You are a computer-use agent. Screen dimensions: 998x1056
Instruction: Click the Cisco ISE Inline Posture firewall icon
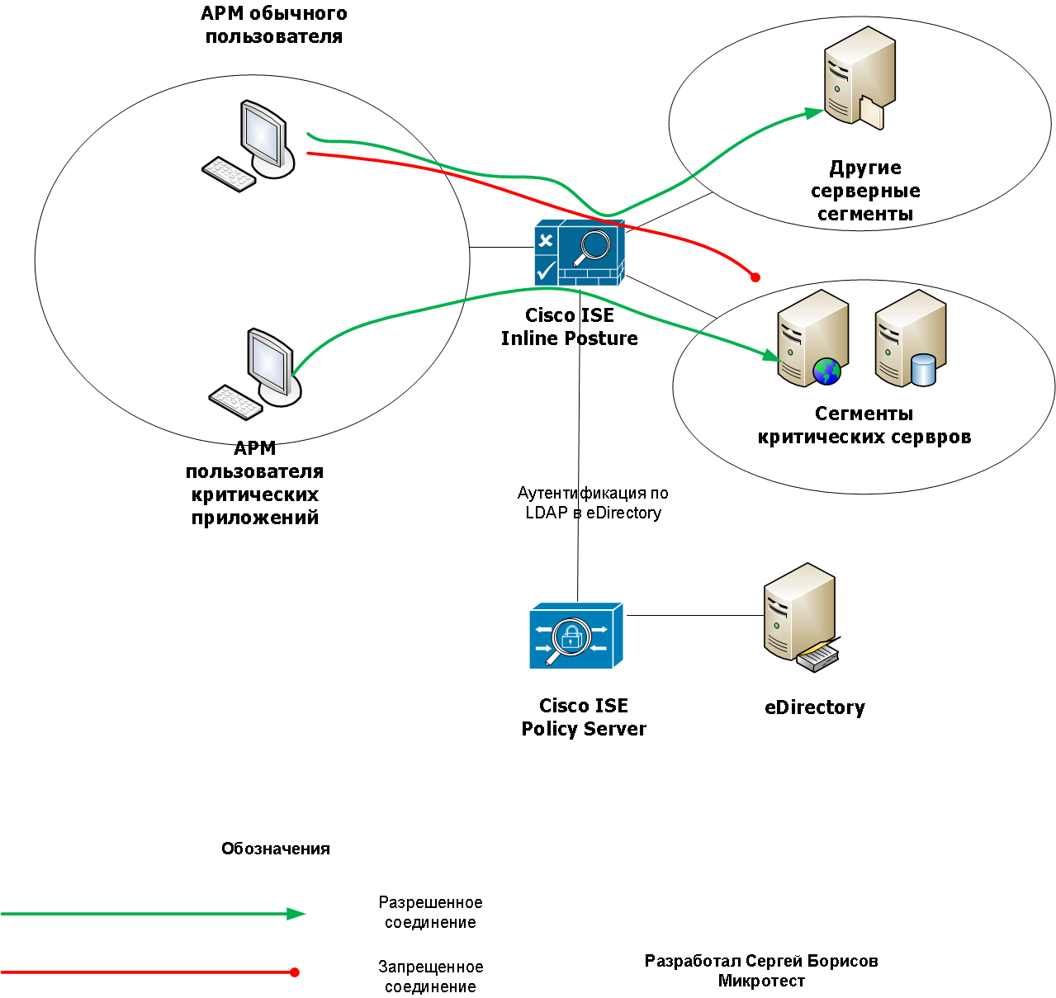click(579, 253)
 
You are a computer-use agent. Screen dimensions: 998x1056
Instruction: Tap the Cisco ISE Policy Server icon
click(575, 636)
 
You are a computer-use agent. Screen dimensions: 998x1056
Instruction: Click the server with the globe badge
click(812, 338)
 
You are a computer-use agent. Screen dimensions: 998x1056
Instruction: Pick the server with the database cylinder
click(911, 338)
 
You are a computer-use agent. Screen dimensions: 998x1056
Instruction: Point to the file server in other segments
click(859, 78)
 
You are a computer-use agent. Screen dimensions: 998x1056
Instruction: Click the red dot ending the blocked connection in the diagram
click(755, 277)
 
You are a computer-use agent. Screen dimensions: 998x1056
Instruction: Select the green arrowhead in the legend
click(296, 914)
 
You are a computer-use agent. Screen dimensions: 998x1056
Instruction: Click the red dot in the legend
click(295, 972)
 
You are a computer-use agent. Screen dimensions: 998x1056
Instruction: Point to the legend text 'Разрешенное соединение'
click(430, 912)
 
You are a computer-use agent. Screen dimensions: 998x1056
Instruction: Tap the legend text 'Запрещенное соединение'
click(430, 977)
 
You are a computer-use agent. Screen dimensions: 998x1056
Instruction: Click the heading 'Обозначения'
click(275, 849)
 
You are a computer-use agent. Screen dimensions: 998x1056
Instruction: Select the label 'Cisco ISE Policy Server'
click(584, 717)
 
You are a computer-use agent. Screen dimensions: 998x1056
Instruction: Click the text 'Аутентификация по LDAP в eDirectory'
click(593, 503)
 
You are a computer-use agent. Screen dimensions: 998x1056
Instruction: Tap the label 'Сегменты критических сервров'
click(864, 425)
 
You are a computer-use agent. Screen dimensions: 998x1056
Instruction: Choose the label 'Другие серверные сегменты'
click(864, 191)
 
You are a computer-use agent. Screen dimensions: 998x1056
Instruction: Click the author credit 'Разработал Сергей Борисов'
click(761, 961)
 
